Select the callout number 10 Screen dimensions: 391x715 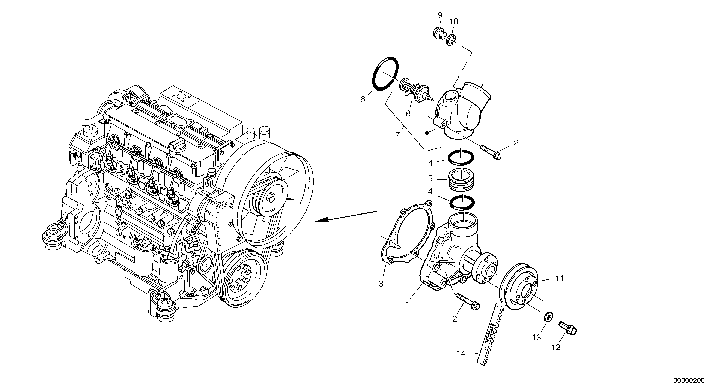(x=454, y=22)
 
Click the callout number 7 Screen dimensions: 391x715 (x=398, y=135)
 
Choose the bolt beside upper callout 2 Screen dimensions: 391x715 (x=491, y=152)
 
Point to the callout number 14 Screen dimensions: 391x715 (x=461, y=354)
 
